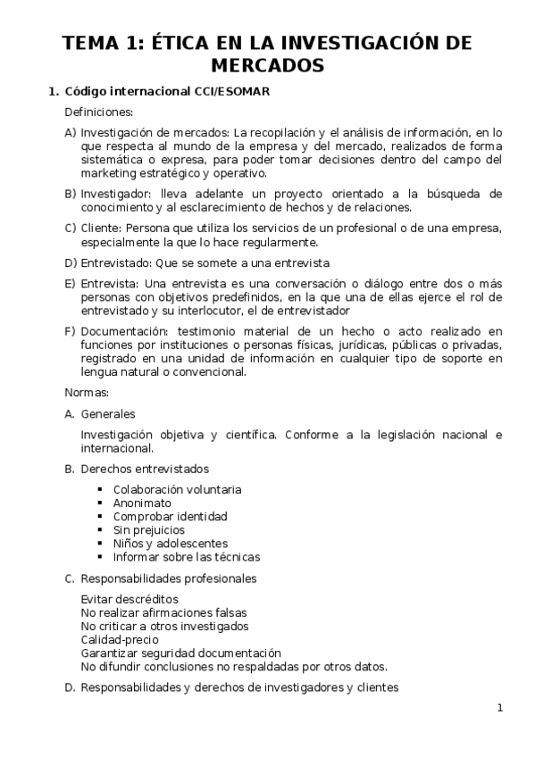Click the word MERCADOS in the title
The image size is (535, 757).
click(x=267, y=65)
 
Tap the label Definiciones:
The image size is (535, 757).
click(x=99, y=112)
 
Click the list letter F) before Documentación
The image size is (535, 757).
click(x=71, y=332)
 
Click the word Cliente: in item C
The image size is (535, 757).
click(x=101, y=228)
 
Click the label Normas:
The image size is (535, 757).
click(x=87, y=392)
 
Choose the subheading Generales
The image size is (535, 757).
click(x=108, y=413)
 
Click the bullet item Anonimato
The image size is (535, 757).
click(x=142, y=503)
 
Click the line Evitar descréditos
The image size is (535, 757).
click(x=130, y=599)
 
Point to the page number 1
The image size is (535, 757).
click(x=500, y=708)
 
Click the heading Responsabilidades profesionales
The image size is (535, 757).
click(x=169, y=578)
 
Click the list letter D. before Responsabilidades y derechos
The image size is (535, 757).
click(x=70, y=687)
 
